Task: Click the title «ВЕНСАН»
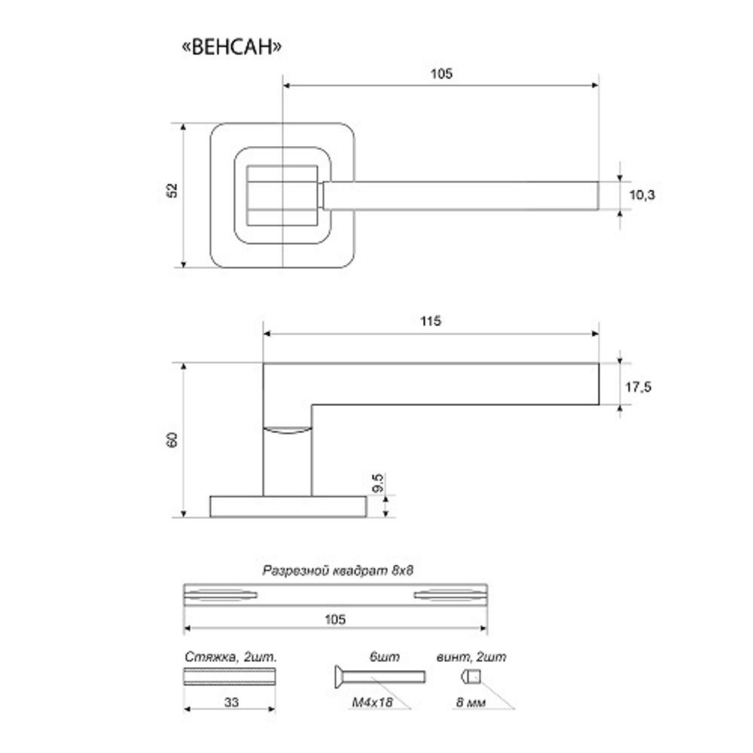[x=232, y=47]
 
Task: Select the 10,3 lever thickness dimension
[x=642, y=195]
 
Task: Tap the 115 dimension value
[x=430, y=321]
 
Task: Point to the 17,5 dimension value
[x=638, y=386]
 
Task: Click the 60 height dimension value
[x=172, y=440]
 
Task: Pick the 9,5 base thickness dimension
[x=379, y=483]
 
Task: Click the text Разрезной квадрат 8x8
[x=337, y=571]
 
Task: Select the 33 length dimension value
[x=231, y=702]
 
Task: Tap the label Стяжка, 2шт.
[x=231, y=657]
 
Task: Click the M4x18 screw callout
[x=372, y=703]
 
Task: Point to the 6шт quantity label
[x=384, y=657]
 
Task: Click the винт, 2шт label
[x=471, y=657]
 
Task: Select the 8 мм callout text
[x=471, y=703]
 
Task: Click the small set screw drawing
[x=471, y=677]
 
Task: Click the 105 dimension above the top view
[x=441, y=74]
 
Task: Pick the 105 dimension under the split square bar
[x=335, y=620]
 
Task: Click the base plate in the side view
[x=288, y=507]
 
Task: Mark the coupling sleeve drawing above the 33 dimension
[x=230, y=677]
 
